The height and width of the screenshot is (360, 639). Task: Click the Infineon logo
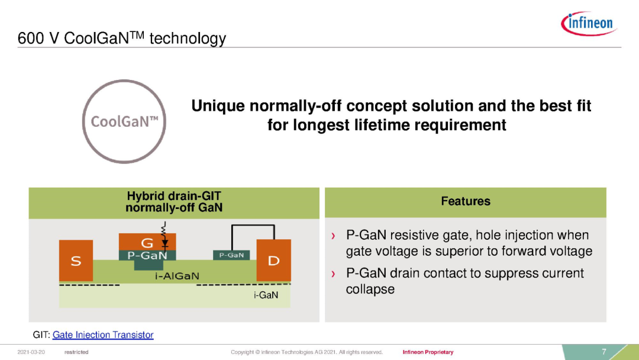pos(589,23)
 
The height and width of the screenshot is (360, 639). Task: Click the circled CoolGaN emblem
pos(124,121)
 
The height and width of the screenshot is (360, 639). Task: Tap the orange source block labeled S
pos(76,261)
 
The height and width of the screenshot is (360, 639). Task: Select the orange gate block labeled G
pos(147,242)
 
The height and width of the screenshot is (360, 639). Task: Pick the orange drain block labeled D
pos(273,260)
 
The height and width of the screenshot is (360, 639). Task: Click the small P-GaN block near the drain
pos(231,255)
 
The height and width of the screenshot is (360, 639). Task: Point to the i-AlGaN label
pos(177,276)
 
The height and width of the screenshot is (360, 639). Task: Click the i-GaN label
pos(266,295)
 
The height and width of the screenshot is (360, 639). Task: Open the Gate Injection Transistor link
pos(103,335)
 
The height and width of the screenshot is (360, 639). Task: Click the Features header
pos(466,201)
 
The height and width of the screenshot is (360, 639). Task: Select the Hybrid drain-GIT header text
pos(174,202)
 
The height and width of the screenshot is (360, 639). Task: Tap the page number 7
pos(604,352)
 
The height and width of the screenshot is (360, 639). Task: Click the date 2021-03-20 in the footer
pos(31,352)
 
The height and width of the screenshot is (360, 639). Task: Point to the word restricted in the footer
pos(76,352)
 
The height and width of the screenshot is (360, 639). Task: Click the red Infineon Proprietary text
pos(428,352)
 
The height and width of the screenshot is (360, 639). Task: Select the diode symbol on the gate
pos(164,243)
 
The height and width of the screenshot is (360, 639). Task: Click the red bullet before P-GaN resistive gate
pos(333,236)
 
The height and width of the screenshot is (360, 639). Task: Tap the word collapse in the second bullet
pos(370,289)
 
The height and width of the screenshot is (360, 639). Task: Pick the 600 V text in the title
pos(38,38)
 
